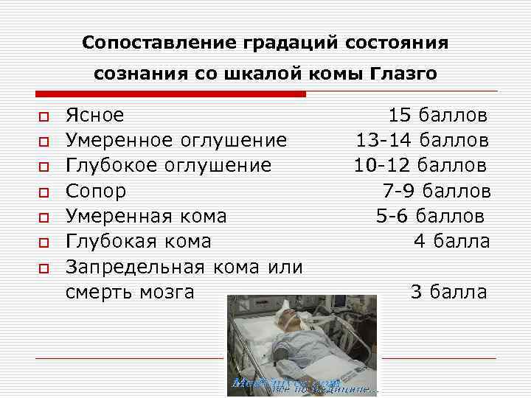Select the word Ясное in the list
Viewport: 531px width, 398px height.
pyautogui.click(x=94, y=116)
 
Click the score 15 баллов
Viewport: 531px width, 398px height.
pyautogui.click(x=437, y=116)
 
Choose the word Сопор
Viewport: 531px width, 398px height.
pyautogui.click(x=96, y=192)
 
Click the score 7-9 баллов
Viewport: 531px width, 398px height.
pyautogui.click(x=436, y=192)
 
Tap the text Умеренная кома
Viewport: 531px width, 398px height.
pyautogui.click(x=146, y=217)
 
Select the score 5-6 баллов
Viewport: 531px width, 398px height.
pyautogui.click(x=430, y=217)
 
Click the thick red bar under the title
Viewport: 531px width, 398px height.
pyautogui.click(x=171, y=94)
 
